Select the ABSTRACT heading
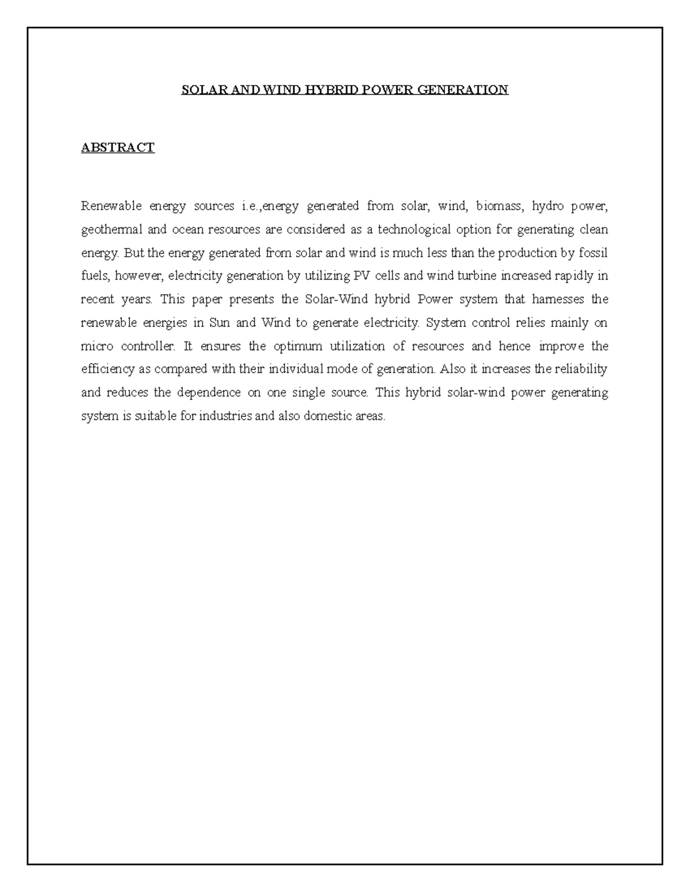[118, 148]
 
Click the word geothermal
[112, 230]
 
